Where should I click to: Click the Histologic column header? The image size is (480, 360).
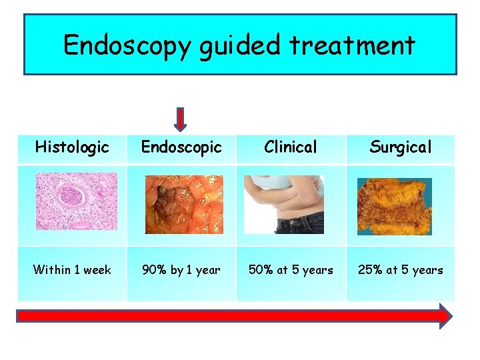click(72, 147)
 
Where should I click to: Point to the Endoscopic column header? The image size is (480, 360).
click(181, 147)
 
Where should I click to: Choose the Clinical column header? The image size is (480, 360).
click(291, 147)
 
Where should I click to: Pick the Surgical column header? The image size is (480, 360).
click(401, 147)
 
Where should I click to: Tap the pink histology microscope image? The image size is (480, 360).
click(76, 201)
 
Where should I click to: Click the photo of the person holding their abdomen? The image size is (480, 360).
click(284, 204)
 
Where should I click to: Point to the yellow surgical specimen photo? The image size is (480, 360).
click(394, 206)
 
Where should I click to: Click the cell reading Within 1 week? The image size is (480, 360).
click(72, 270)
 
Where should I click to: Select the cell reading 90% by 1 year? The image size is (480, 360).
click(181, 270)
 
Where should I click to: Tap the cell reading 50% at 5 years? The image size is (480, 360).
click(291, 270)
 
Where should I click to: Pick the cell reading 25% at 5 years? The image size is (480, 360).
click(401, 270)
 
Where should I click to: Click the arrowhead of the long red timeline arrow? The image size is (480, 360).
click(443, 315)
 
